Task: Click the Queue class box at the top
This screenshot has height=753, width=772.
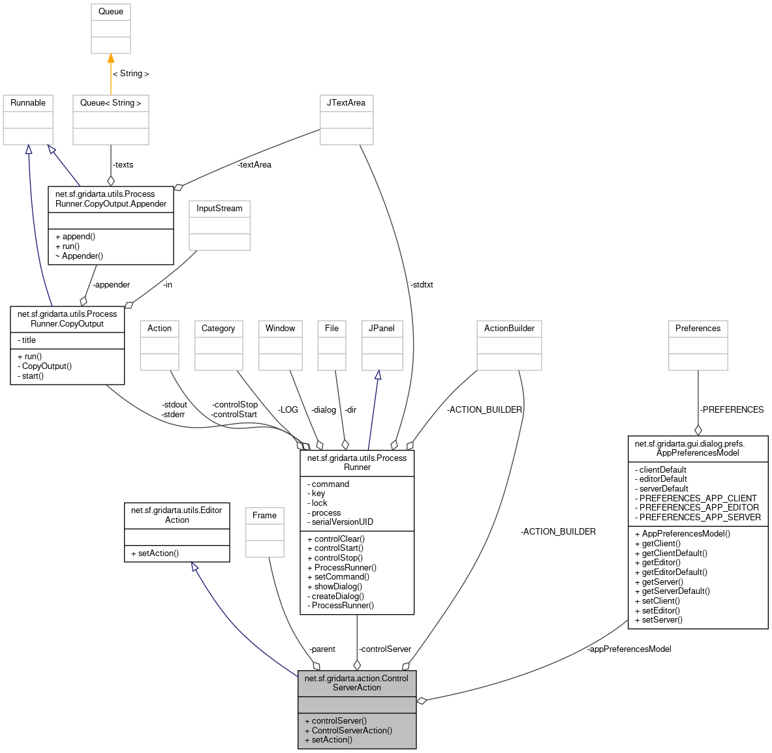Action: click(x=110, y=29)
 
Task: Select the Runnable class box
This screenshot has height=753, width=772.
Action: click(x=28, y=120)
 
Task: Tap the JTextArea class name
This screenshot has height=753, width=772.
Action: click(x=346, y=103)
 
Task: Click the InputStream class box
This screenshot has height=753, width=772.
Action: click(x=219, y=225)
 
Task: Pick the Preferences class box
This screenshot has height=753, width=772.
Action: click(x=698, y=345)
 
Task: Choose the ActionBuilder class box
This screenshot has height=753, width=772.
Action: click(x=509, y=345)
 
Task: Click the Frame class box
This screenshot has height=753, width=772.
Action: click(x=264, y=532)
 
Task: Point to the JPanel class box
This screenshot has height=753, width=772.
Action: click(x=382, y=345)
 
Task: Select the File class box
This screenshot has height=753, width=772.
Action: click(x=332, y=345)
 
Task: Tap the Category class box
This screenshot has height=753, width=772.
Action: click(x=218, y=345)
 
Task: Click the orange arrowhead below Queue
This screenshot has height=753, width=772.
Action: click(x=110, y=59)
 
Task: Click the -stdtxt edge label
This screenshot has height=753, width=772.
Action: click(x=422, y=285)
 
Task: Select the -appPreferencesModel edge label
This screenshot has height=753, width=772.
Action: click(x=629, y=649)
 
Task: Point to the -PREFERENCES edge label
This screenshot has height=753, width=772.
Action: click(x=732, y=410)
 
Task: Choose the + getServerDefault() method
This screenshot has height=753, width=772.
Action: click(x=672, y=591)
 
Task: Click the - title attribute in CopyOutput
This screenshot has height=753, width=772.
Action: click(x=27, y=340)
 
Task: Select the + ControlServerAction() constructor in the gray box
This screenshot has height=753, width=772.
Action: click(x=348, y=731)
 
